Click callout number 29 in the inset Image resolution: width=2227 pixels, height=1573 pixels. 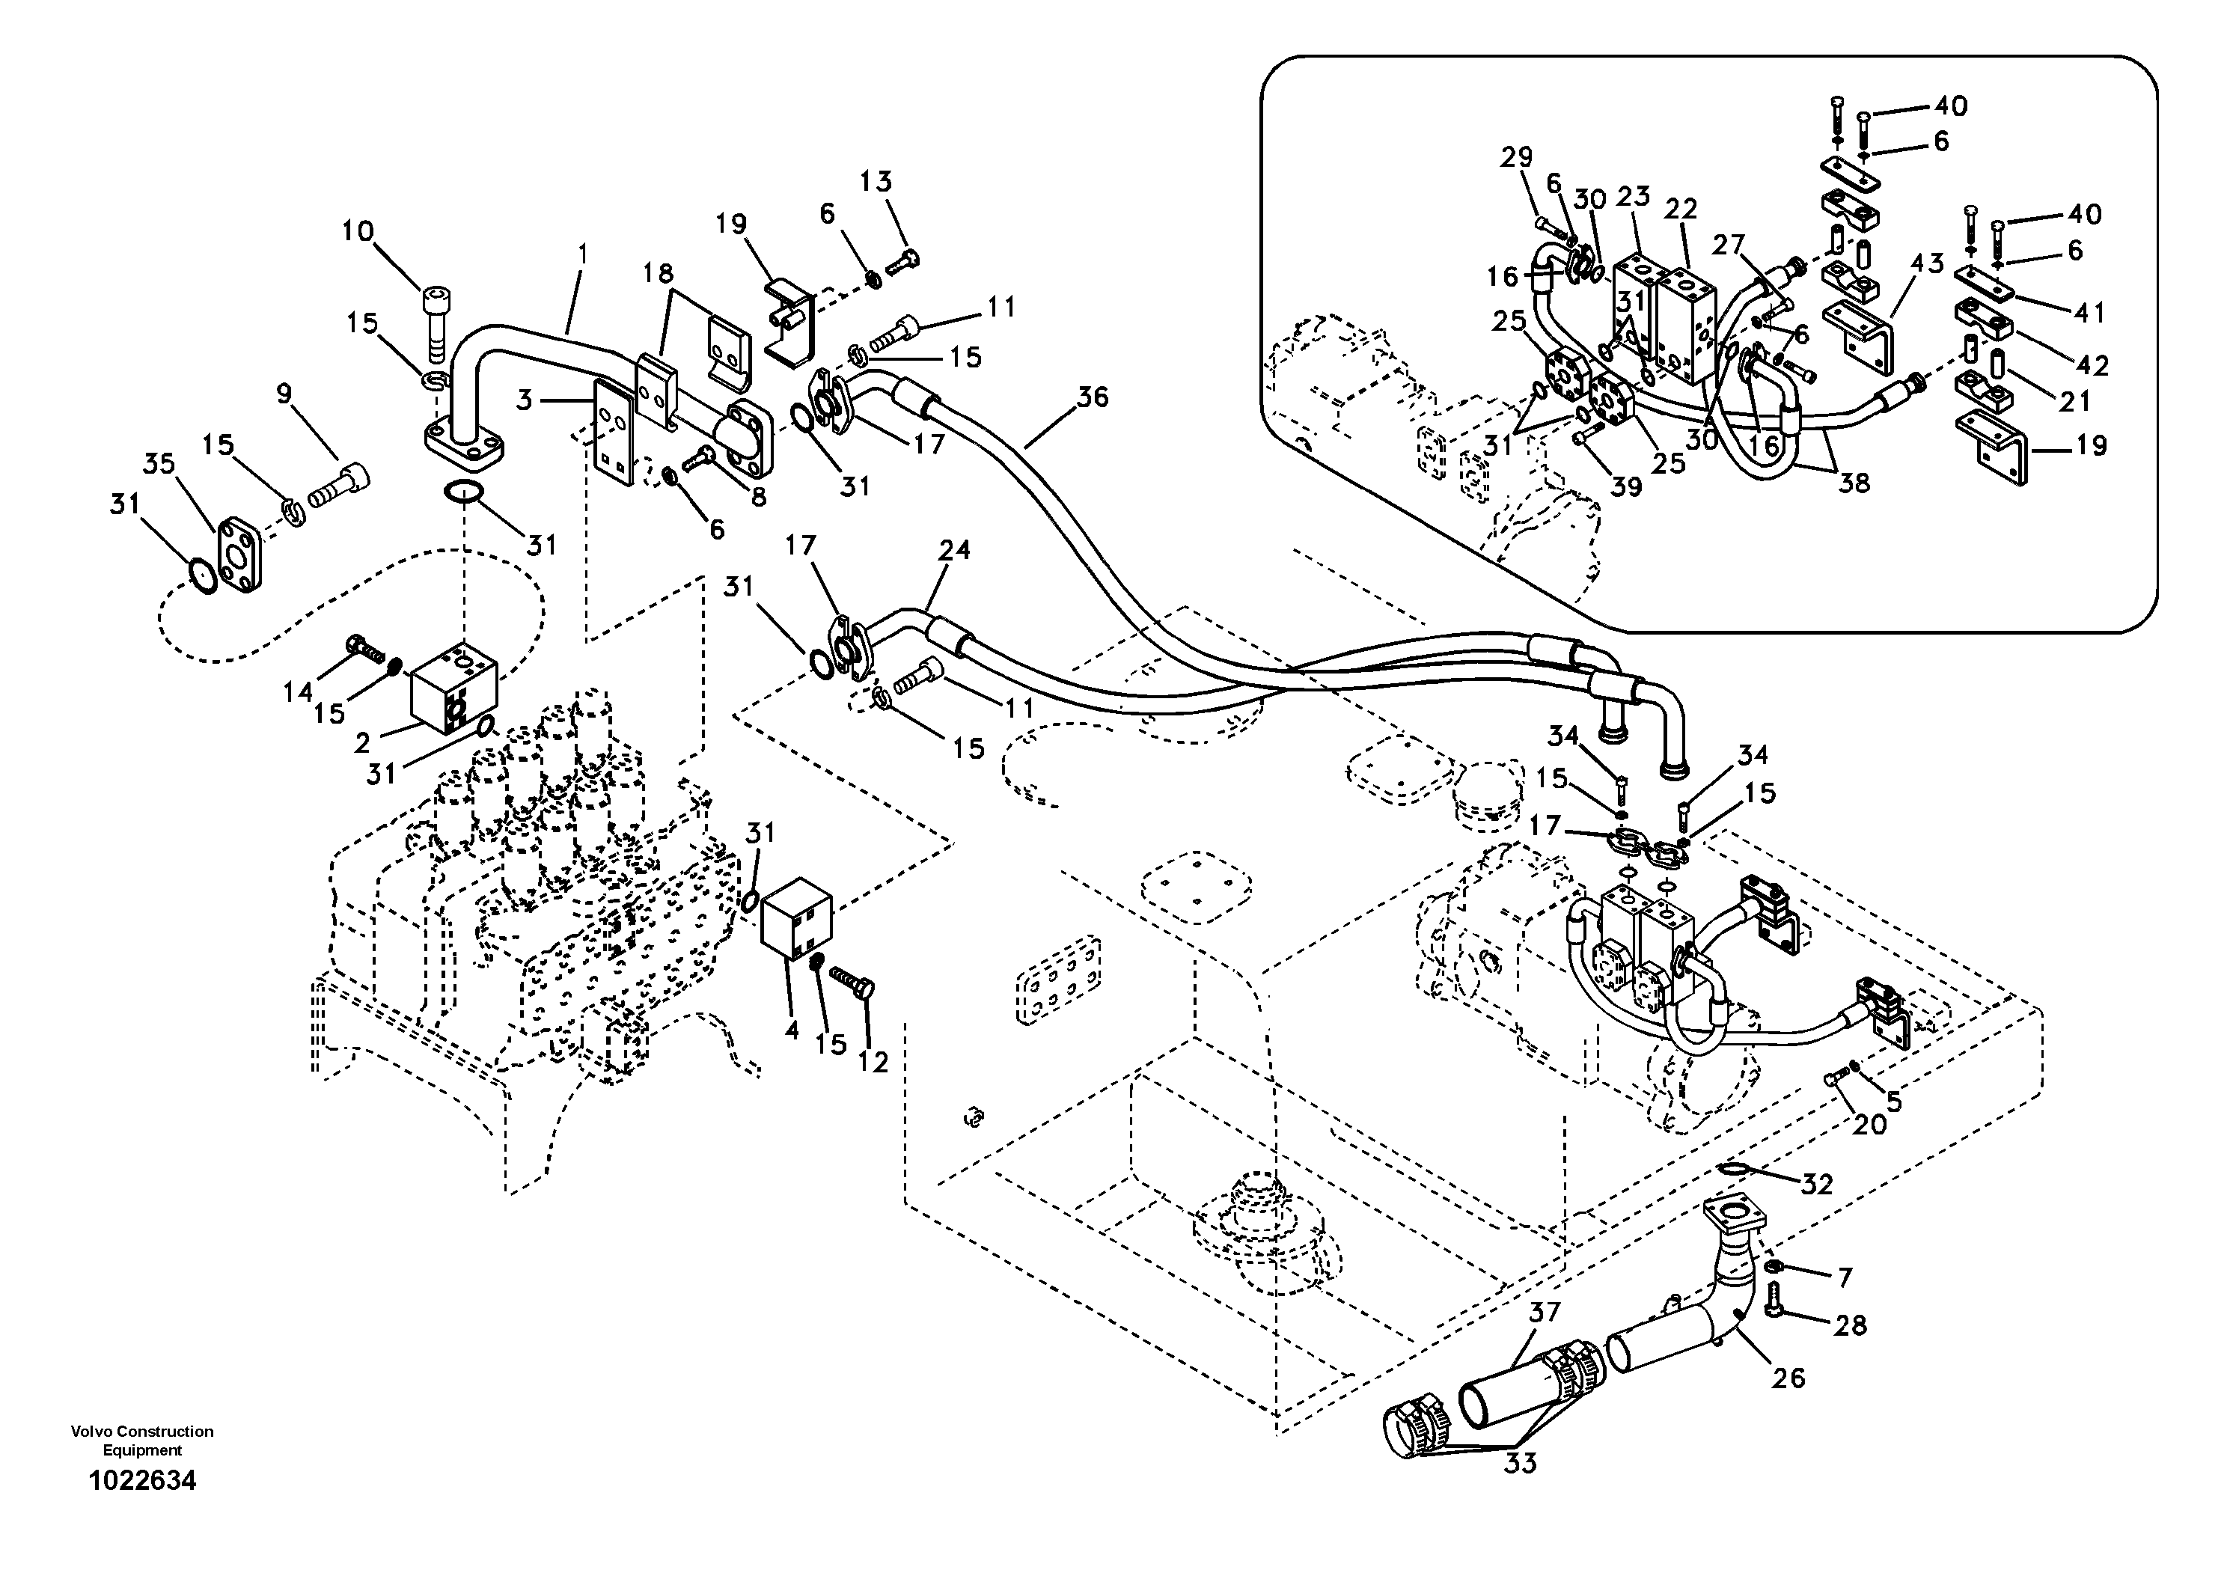pyautogui.click(x=1516, y=157)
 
